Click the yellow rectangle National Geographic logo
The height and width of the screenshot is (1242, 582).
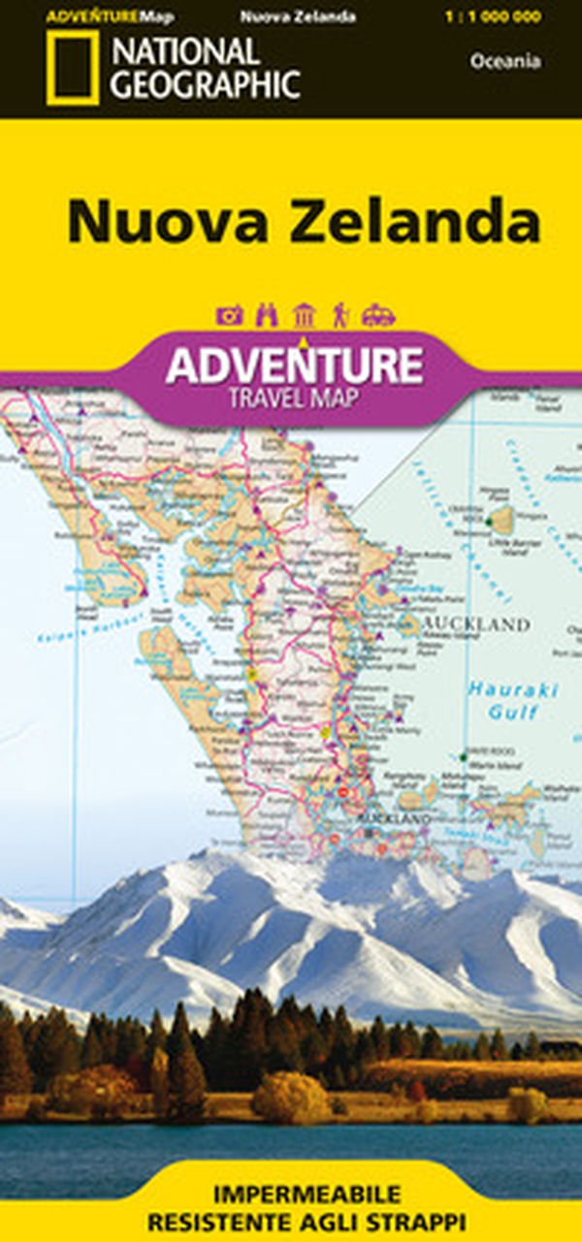[72, 67]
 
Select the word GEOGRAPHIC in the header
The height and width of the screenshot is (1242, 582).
[205, 83]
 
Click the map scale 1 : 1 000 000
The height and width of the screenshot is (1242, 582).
[506, 17]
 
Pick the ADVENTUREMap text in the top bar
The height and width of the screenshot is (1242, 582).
[102, 17]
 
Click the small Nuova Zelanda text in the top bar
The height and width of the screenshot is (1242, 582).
[283, 17]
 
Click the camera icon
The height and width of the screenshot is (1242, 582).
[230, 315]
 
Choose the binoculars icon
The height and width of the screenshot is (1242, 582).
[266, 315]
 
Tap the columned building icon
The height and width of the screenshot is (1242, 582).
[303, 315]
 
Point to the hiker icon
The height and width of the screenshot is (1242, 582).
[340, 315]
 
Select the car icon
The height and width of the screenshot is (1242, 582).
[377, 315]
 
